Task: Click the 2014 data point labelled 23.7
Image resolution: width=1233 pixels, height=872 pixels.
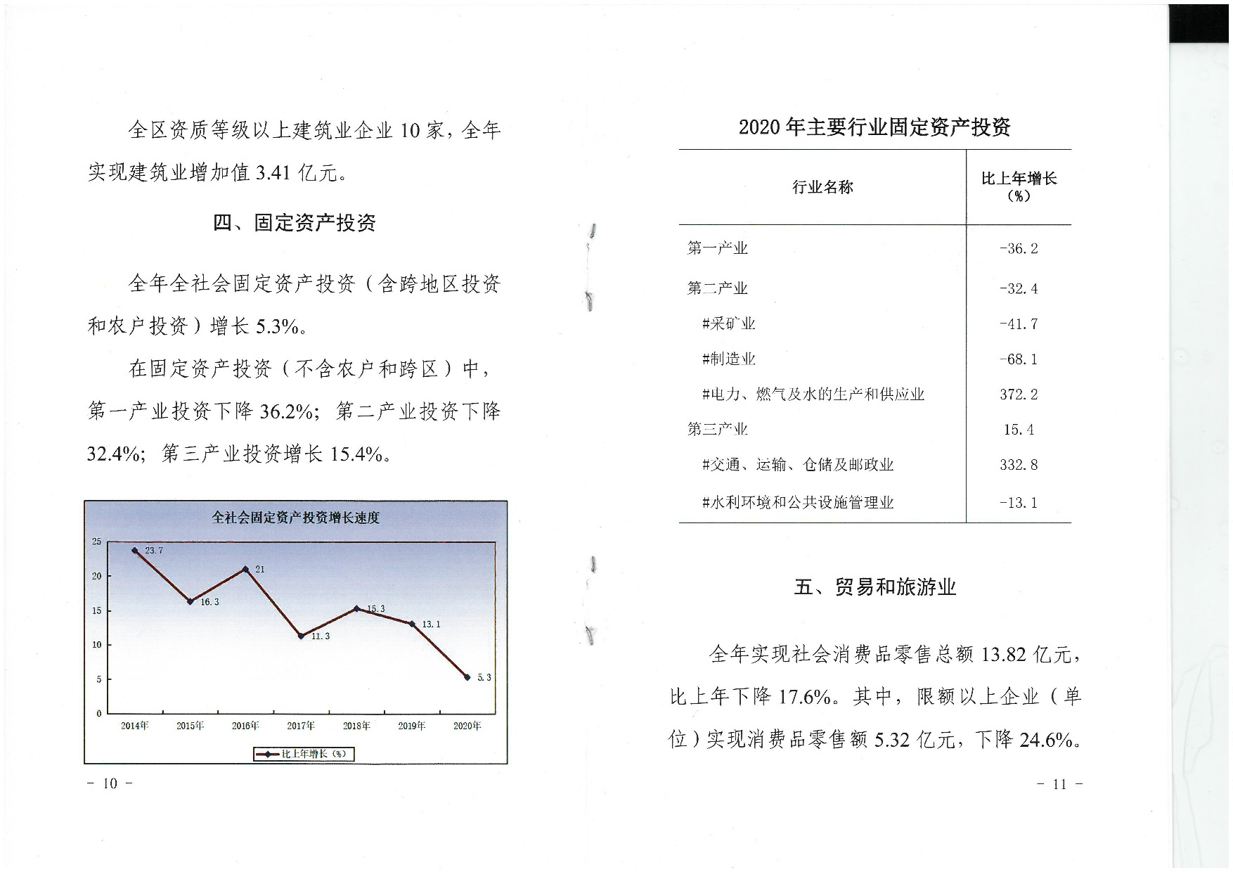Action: [x=135, y=551]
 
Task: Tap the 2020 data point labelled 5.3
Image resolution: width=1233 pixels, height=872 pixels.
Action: [x=467, y=677]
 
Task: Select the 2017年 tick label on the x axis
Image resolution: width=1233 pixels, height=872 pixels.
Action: [x=301, y=726]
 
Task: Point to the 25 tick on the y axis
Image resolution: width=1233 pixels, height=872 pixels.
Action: [x=97, y=541]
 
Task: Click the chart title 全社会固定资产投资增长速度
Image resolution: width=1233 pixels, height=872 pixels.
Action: [x=295, y=518]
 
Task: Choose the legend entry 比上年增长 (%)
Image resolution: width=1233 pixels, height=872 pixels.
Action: [x=304, y=754]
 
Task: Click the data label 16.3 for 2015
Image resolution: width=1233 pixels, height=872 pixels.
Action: [x=209, y=602]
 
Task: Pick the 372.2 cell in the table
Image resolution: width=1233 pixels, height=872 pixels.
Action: [x=1019, y=395]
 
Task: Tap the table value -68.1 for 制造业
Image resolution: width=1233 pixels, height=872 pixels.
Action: [x=1019, y=359]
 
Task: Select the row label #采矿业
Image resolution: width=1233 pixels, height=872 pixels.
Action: [x=728, y=323]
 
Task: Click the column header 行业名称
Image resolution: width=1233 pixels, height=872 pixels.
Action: [x=822, y=187]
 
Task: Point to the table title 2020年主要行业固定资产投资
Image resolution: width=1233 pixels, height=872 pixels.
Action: [x=874, y=127]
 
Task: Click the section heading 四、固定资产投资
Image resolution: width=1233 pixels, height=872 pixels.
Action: [x=294, y=223]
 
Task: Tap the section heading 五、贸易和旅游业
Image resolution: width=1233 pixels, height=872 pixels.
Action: [x=874, y=586]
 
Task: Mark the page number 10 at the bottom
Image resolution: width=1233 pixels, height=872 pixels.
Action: [x=110, y=783]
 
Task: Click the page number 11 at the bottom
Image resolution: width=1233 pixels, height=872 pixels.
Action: [x=1059, y=784]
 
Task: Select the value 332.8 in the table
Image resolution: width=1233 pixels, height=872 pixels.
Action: [x=1019, y=465]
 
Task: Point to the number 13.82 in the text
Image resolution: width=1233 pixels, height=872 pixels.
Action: [x=1004, y=655]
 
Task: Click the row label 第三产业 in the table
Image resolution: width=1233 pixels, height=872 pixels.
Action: [x=717, y=429]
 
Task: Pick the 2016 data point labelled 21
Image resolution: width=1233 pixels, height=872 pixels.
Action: [x=245, y=569]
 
